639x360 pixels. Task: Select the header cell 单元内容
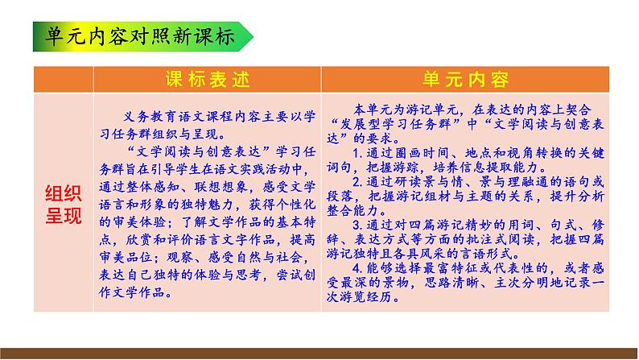pyautogui.click(x=466, y=79)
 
